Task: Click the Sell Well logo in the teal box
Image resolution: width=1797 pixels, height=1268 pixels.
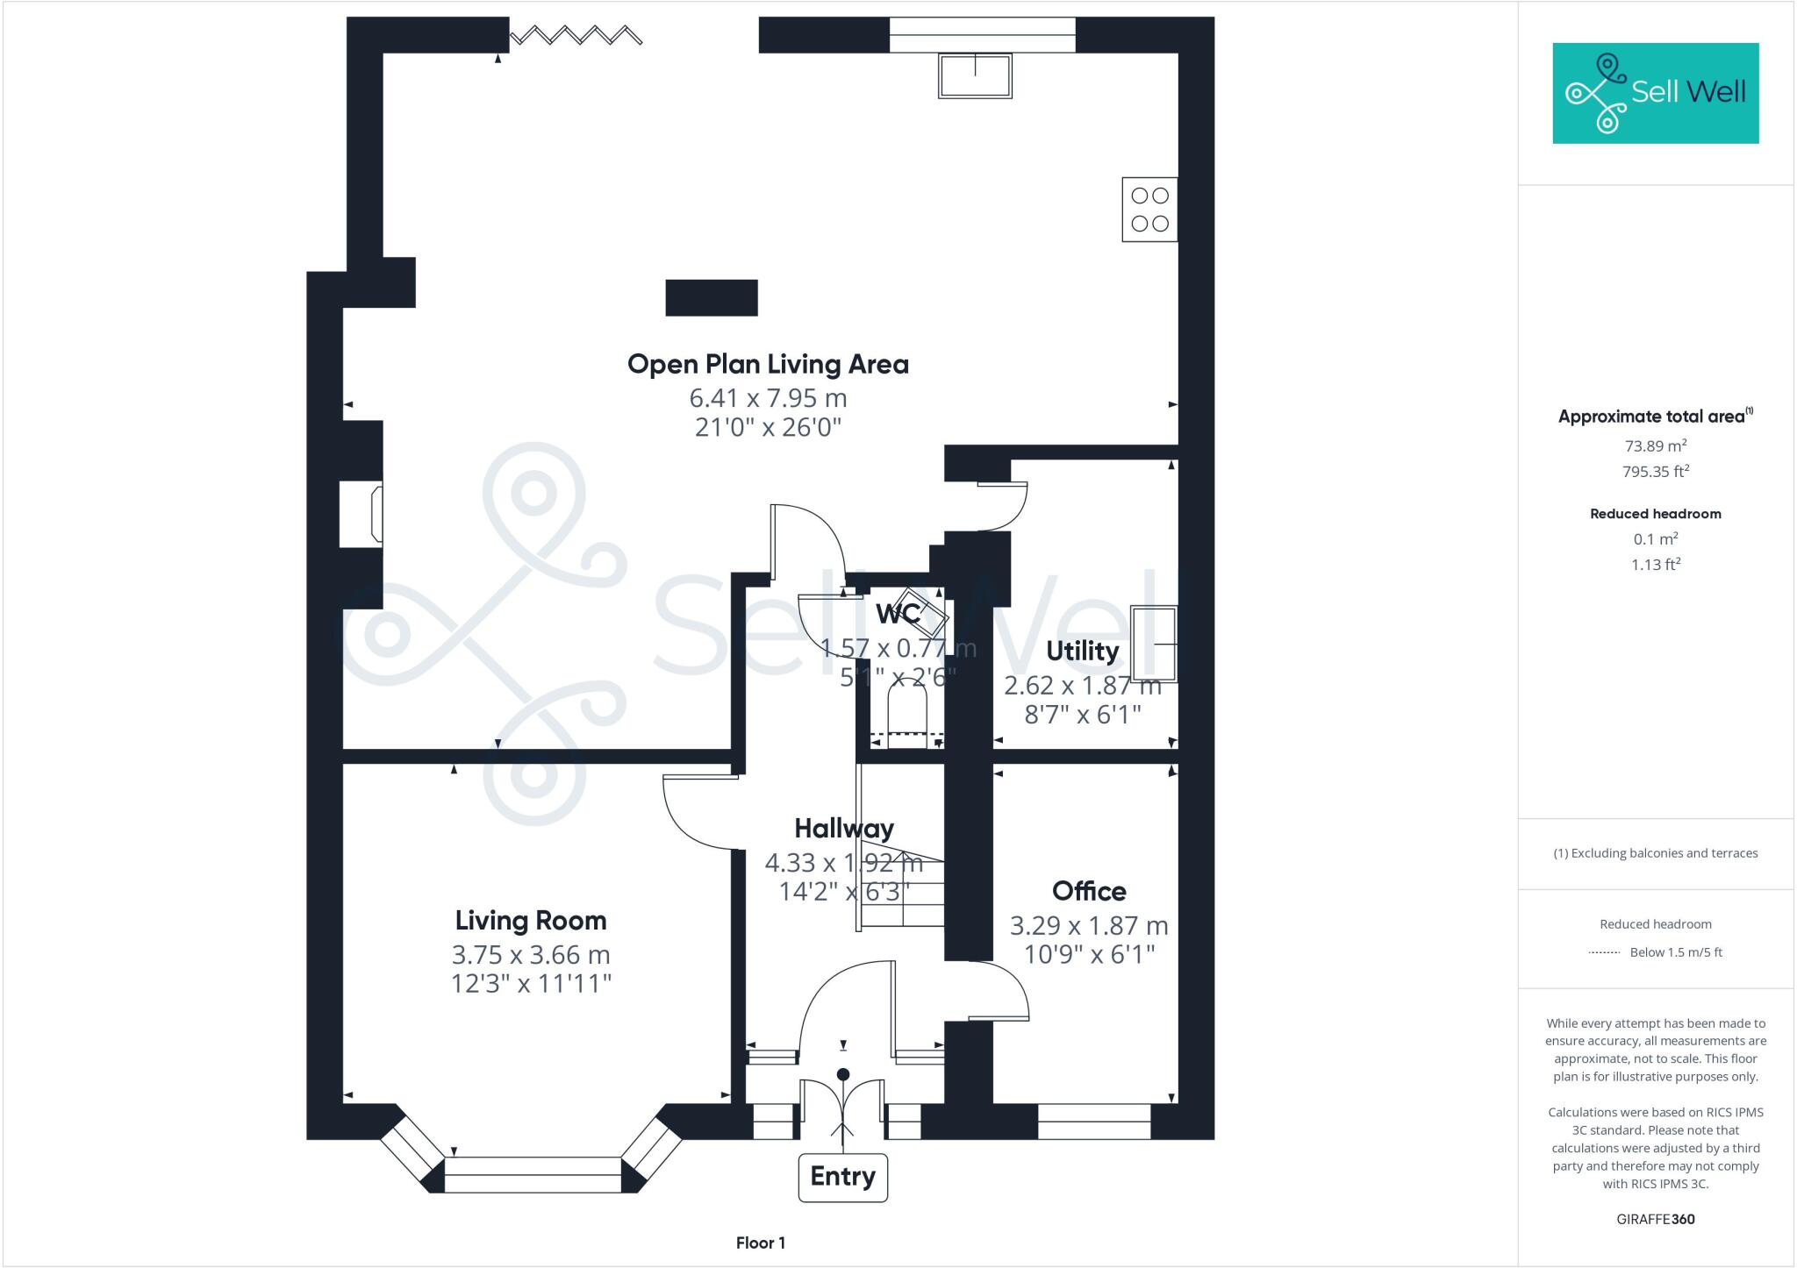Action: tap(1655, 93)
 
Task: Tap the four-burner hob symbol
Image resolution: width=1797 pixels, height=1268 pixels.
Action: tap(1149, 210)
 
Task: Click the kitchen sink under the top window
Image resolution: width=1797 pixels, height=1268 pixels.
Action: tap(975, 75)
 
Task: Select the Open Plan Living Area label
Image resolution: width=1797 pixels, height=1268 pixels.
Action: tap(768, 365)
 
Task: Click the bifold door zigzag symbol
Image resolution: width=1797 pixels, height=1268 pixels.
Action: tap(576, 35)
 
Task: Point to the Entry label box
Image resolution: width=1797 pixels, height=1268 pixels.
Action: tap(842, 1177)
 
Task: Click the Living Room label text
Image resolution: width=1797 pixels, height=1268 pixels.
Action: tap(530, 921)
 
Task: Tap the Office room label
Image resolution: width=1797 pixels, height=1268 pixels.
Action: tap(1089, 892)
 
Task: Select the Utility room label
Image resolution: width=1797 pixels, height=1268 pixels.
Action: tap(1082, 652)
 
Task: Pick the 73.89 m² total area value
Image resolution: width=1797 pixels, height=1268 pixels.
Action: tap(1655, 445)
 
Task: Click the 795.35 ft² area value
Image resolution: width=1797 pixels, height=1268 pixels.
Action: tap(1655, 472)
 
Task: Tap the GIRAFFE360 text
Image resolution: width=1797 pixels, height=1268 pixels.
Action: tap(1655, 1219)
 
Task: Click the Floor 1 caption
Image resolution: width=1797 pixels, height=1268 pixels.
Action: tap(760, 1243)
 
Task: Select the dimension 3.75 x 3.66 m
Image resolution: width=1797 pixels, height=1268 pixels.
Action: tap(530, 954)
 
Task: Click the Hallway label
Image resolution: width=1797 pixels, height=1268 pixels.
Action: tap(843, 829)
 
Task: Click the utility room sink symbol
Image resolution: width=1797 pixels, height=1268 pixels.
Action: tap(1153, 644)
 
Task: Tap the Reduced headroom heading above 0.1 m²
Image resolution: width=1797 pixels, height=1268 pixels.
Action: tap(1655, 514)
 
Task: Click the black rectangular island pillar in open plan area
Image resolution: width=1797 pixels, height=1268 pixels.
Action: tap(712, 298)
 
